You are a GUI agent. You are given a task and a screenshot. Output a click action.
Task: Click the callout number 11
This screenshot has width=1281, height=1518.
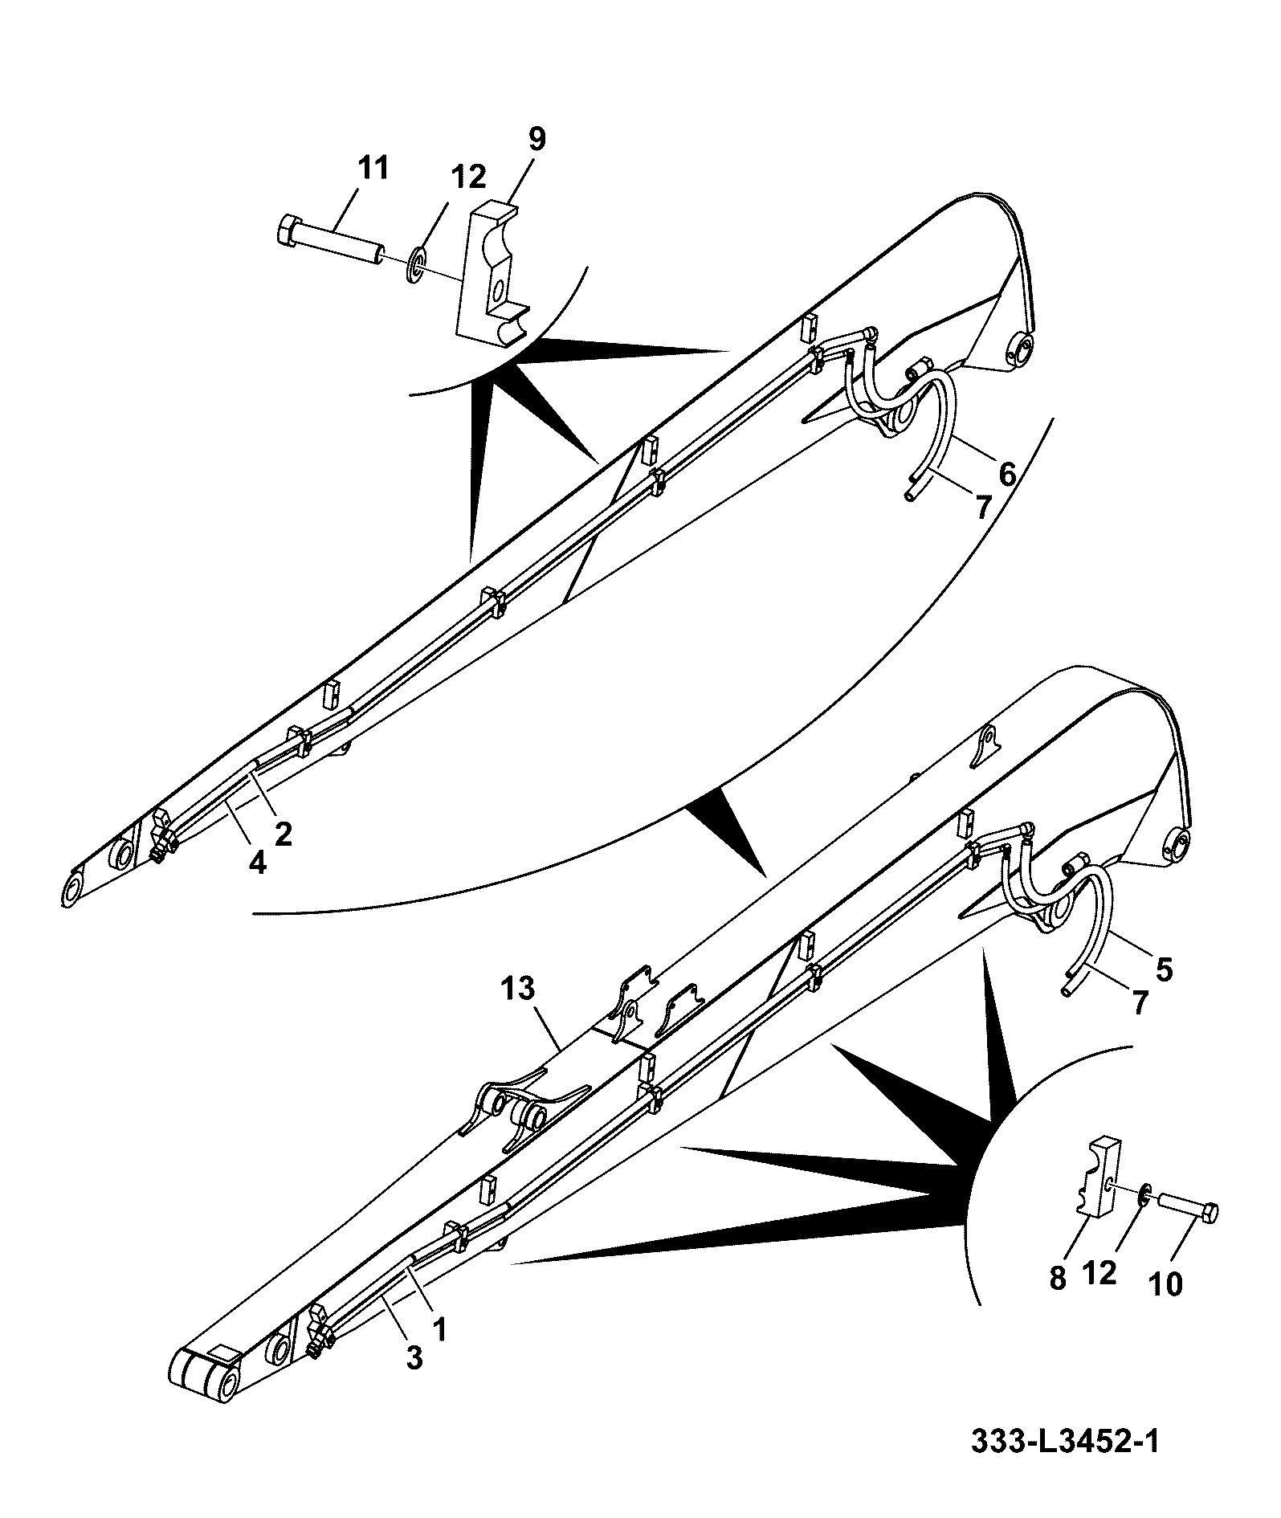pyautogui.click(x=373, y=169)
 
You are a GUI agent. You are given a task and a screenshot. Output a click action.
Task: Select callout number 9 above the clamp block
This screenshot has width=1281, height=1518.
pyautogui.click(x=536, y=139)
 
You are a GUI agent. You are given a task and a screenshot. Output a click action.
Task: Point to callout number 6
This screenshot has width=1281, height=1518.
pyautogui.click(x=1007, y=474)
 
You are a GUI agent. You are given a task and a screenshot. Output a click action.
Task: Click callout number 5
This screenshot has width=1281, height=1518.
pyautogui.click(x=1164, y=969)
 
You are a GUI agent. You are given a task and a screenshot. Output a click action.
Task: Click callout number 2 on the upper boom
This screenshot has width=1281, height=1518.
pyautogui.click(x=283, y=834)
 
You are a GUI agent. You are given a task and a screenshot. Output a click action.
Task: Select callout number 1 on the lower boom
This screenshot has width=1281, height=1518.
pyautogui.click(x=439, y=1329)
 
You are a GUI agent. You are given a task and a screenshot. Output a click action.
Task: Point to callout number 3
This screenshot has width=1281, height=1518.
pyautogui.click(x=414, y=1358)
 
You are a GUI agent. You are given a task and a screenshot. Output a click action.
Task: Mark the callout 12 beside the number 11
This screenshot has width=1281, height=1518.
pyautogui.click(x=468, y=177)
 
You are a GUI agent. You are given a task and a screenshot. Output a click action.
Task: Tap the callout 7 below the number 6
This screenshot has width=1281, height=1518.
pyautogui.click(x=981, y=507)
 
